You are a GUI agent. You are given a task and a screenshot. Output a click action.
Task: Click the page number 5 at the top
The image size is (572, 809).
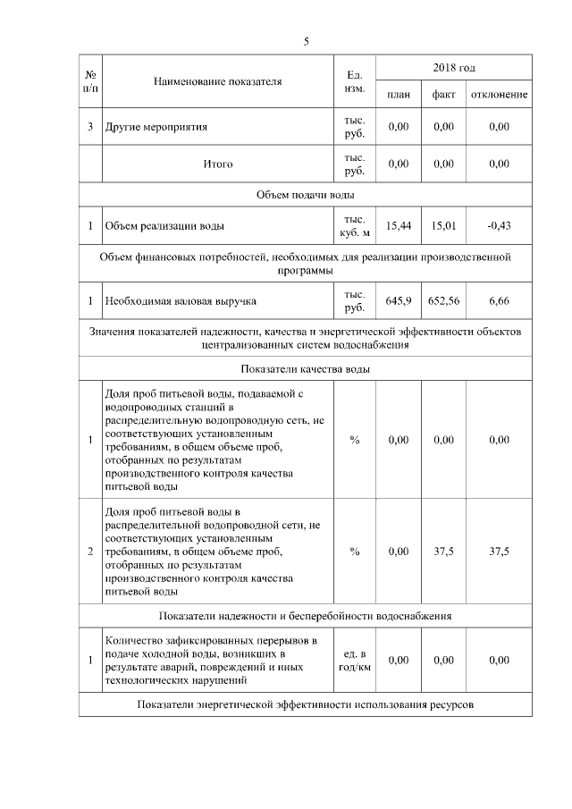click(x=306, y=41)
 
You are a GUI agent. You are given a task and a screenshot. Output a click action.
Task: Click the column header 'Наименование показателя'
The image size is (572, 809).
click(x=218, y=81)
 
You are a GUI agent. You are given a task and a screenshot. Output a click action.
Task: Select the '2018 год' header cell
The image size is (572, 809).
click(x=454, y=68)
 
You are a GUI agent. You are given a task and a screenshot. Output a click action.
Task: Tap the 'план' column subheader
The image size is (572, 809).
click(x=399, y=95)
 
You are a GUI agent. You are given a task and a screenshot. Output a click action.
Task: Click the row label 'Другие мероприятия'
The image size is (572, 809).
click(x=156, y=127)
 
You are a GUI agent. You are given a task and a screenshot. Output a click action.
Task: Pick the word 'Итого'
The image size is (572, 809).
click(x=218, y=164)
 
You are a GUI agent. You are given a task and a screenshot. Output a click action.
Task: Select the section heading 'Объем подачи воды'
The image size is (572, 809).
click(x=306, y=195)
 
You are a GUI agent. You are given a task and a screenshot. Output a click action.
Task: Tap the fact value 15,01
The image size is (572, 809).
click(x=444, y=226)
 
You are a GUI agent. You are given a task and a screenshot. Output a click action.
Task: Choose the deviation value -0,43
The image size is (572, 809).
click(x=499, y=226)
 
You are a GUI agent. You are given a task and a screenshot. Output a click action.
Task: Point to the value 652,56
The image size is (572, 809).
click(x=444, y=301)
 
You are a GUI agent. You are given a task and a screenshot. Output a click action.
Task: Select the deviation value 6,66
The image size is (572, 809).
click(x=499, y=301)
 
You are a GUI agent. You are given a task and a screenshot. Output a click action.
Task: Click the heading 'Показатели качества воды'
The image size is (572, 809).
click(x=306, y=368)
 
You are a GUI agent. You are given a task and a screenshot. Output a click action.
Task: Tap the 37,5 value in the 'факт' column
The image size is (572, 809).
click(x=444, y=552)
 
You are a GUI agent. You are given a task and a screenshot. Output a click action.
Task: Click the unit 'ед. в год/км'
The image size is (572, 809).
click(x=355, y=660)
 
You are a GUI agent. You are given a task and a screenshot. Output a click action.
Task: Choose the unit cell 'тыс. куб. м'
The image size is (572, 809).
click(x=355, y=226)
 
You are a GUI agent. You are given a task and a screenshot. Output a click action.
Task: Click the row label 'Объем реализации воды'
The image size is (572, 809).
click(x=164, y=226)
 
